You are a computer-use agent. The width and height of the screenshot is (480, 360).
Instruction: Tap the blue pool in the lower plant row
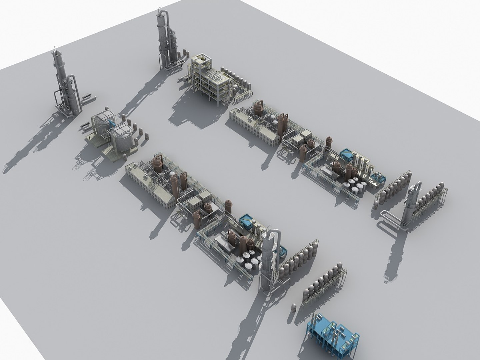pyautogui.click(x=247, y=220)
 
